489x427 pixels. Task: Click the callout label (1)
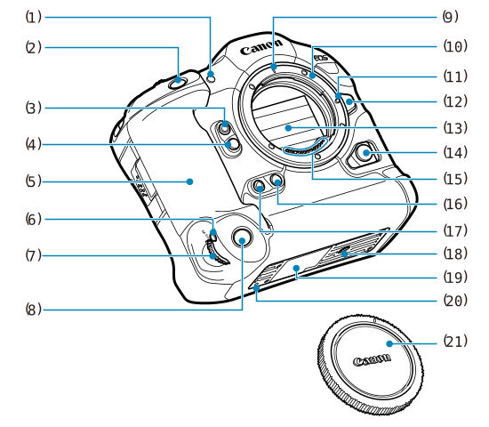(x=34, y=17)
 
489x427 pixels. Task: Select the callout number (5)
(x=34, y=181)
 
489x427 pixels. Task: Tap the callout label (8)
(x=34, y=310)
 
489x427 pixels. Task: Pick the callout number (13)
(x=455, y=128)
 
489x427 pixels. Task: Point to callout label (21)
(x=455, y=342)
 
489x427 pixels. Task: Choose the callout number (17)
(x=455, y=231)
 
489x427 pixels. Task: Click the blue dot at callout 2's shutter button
(x=178, y=80)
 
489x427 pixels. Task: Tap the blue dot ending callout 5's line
(x=189, y=181)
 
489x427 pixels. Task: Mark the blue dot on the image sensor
(x=288, y=128)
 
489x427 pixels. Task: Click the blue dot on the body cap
(x=389, y=343)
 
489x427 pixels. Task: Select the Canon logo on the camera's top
(x=261, y=46)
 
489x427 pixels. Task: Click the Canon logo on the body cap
(x=372, y=359)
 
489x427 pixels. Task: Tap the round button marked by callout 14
(x=365, y=153)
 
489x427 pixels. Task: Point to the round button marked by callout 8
(x=243, y=238)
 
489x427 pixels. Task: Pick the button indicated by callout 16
(x=277, y=180)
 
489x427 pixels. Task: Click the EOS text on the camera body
(x=321, y=58)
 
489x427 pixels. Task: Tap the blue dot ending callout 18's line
(x=344, y=254)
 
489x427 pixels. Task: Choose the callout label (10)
(x=455, y=46)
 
